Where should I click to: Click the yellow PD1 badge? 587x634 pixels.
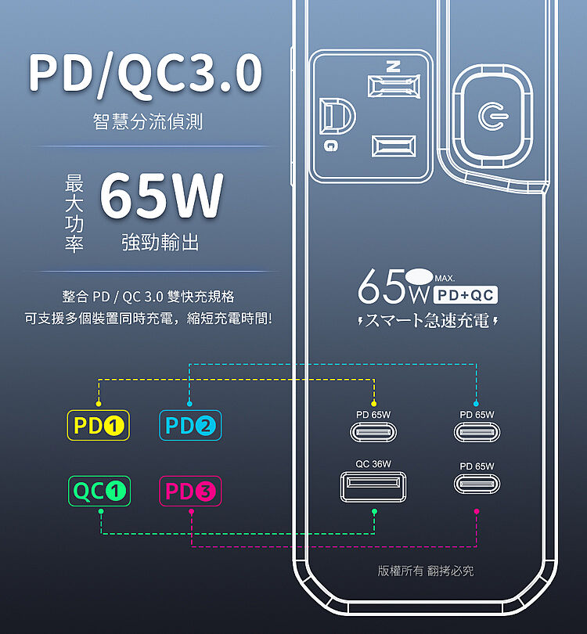(x=98, y=426)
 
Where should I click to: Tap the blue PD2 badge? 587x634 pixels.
(x=190, y=426)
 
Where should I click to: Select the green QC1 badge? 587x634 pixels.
(x=99, y=492)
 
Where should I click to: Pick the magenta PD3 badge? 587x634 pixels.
(x=191, y=492)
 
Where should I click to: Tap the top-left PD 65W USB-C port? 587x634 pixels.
(x=373, y=432)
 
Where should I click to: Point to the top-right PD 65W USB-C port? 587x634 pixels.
(x=477, y=432)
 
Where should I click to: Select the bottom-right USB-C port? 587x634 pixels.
(x=477, y=485)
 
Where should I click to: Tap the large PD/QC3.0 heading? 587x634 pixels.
(x=146, y=74)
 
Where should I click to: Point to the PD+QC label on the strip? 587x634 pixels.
(x=466, y=295)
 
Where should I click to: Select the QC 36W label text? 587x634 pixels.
(x=373, y=464)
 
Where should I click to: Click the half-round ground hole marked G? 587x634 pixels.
(x=337, y=117)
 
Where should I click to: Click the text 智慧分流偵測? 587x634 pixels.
(x=147, y=121)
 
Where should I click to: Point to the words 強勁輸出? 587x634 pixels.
(x=160, y=243)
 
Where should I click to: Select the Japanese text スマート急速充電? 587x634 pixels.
(x=427, y=320)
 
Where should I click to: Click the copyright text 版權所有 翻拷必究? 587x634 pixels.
(x=426, y=571)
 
